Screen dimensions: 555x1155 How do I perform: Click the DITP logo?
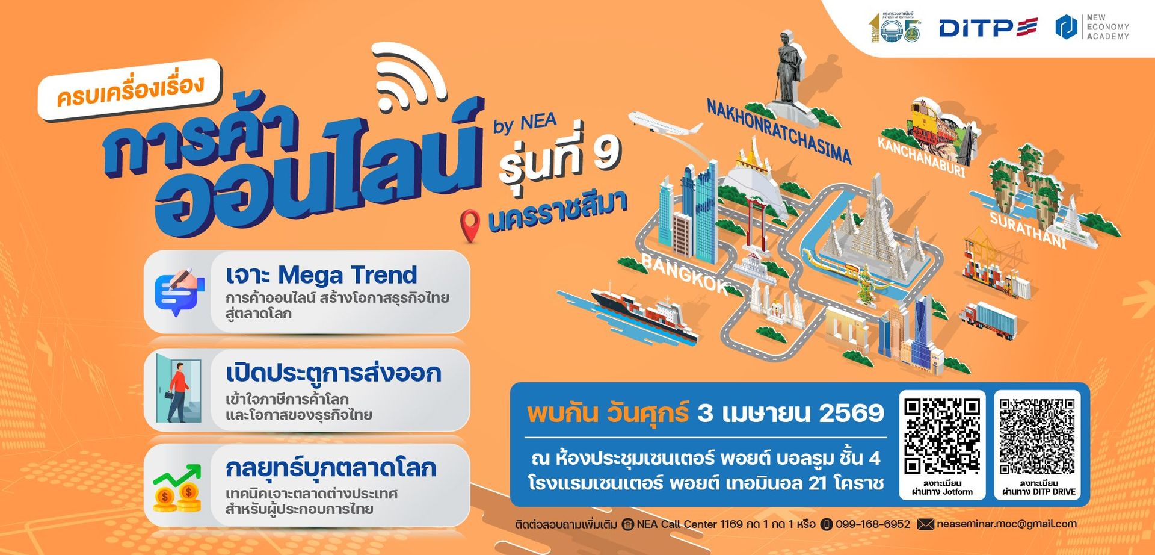tap(988, 28)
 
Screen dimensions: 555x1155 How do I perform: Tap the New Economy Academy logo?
tap(1092, 28)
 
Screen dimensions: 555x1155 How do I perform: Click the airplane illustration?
tap(664, 123)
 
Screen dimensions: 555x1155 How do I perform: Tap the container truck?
tap(990, 318)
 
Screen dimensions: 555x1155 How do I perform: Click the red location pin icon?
tap(470, 225)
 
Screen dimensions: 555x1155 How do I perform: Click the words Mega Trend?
tap(347, 275)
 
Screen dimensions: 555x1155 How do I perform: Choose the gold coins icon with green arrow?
tap(177, 489)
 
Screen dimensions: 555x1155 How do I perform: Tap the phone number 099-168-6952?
tap(872, 524)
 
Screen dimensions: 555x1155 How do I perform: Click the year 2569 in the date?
tap(851, 413)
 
